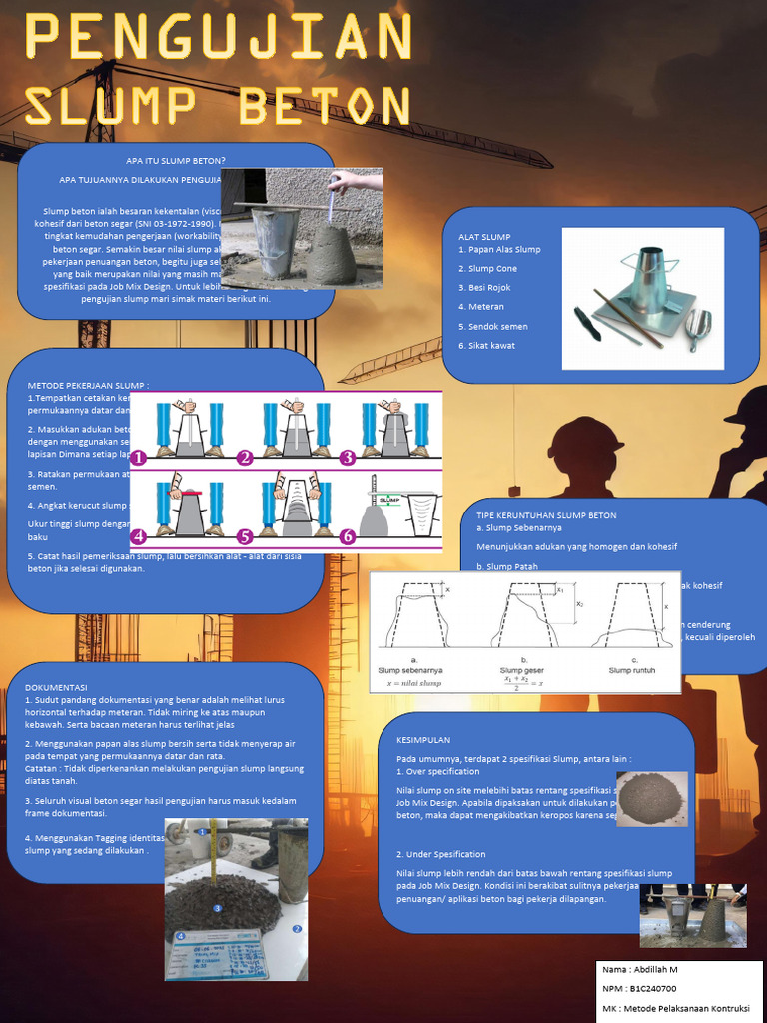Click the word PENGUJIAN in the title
(218, 37)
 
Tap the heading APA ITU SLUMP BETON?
(176, 160)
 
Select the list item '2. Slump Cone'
(488, 268)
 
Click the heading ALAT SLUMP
(484, 237)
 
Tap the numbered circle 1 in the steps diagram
(138, 458)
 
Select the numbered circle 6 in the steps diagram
(348, 536)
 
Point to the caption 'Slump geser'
(523, 671)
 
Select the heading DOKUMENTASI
(56, 687)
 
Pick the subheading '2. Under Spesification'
(441, 854)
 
